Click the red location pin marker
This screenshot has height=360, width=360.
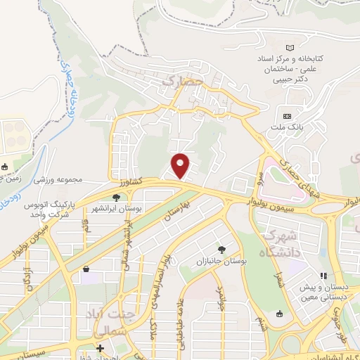tap(181, 166)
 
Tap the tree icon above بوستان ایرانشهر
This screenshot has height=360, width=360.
tap(116, 198)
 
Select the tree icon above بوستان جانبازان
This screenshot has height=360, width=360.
tap(222, 249)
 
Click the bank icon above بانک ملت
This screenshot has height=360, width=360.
tap(286, 116)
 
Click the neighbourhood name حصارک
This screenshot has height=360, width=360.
tap(182, 82)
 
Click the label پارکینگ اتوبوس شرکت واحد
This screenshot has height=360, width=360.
tap(50, 209)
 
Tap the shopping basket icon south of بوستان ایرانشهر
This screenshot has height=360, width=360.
tap(86, 269)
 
